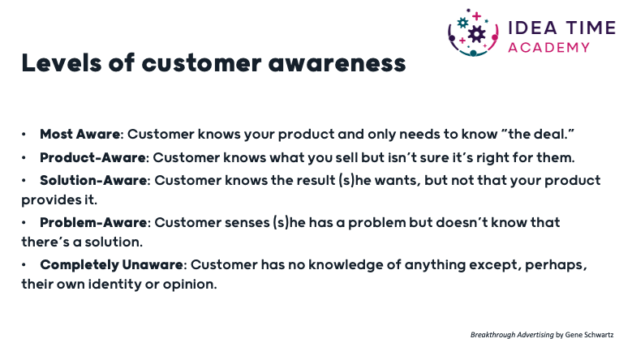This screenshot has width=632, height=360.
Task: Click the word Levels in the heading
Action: tap(62, 63)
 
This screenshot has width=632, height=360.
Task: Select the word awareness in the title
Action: tap(337, 64)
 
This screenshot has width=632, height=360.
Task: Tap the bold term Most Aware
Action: tap(80, 134)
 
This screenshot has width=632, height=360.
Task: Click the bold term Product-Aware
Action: tap(92, 157)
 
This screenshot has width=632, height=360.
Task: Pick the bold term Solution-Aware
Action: tap(93, 180)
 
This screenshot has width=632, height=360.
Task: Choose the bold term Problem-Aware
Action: tap(93, 222)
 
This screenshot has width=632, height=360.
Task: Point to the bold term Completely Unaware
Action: tap(112, 265)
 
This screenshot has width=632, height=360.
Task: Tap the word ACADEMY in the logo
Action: tap(548, 48)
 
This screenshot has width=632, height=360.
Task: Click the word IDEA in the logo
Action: tap(532, 28)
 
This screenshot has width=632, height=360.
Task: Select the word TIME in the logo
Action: tap(591, 28)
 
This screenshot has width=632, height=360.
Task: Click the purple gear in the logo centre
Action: tap(476, 34)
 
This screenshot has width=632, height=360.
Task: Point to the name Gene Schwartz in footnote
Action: tap(589, 335)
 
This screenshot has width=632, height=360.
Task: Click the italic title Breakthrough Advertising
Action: tap(512, 335)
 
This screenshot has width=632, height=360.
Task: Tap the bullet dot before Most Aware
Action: tap(24, 135)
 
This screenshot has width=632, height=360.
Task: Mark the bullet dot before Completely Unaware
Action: tap(24, 265)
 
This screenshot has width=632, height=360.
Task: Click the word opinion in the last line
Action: tap(190, 285)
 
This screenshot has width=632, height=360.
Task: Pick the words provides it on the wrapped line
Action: tap(59, 199)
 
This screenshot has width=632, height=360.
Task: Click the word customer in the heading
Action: tap(201, 64)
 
